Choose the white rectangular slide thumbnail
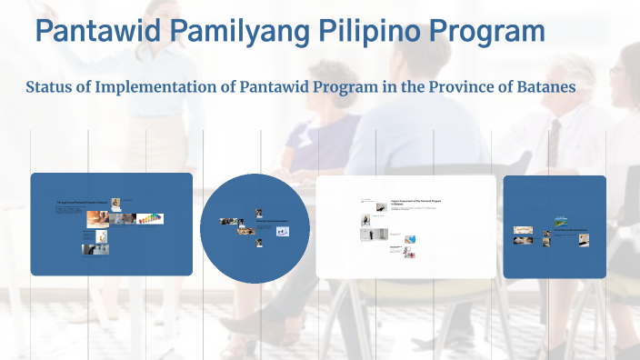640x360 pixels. coord(406,226)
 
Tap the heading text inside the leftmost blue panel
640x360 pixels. coord(83,203)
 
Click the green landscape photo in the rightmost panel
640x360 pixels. coord(561,221)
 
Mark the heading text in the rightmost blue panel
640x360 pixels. coord(568,230)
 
